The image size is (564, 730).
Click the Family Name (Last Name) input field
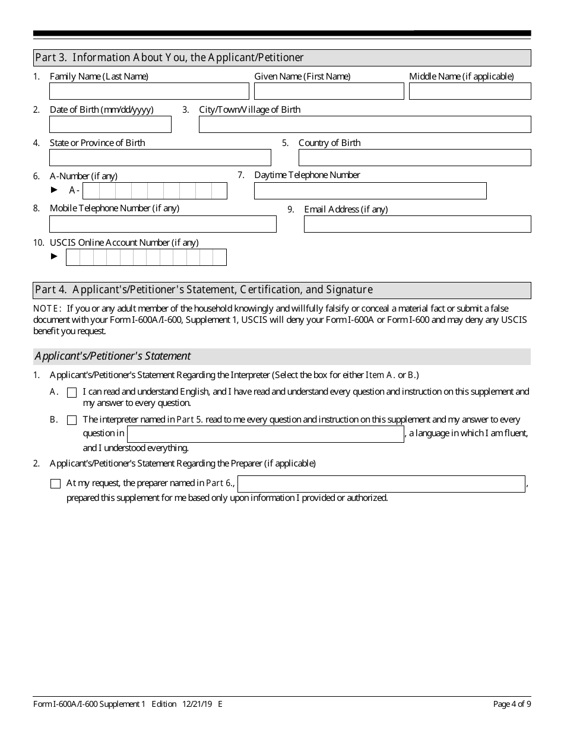pos(149,91)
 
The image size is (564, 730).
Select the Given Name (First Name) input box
pos(329,91)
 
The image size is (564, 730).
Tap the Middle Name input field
pos(470,91)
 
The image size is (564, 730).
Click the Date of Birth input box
pos(110,124)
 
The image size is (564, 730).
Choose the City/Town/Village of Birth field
pos(365,124)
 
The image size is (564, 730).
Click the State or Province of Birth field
pos(160,157)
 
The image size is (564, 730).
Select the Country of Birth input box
pos(414,157)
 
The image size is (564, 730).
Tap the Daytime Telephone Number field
pos(370,191)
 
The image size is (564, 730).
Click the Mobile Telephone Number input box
pos(163,224)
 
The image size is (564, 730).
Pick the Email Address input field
pos(417,224)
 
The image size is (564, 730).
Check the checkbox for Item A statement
pos(72,392)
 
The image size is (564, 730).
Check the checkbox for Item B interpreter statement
pos(72,420)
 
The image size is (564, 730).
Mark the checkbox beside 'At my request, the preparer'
pos(56,484)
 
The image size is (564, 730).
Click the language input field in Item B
pos(265,434)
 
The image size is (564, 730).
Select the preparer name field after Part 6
pos(381,484)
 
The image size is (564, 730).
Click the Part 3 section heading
pos(169,58)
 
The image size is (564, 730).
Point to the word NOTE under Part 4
pos(47,308)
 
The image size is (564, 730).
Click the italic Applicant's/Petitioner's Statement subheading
pos(113,356)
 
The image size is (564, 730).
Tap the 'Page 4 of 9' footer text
pos(512,704)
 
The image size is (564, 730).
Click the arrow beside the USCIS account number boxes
pos(55,256)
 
